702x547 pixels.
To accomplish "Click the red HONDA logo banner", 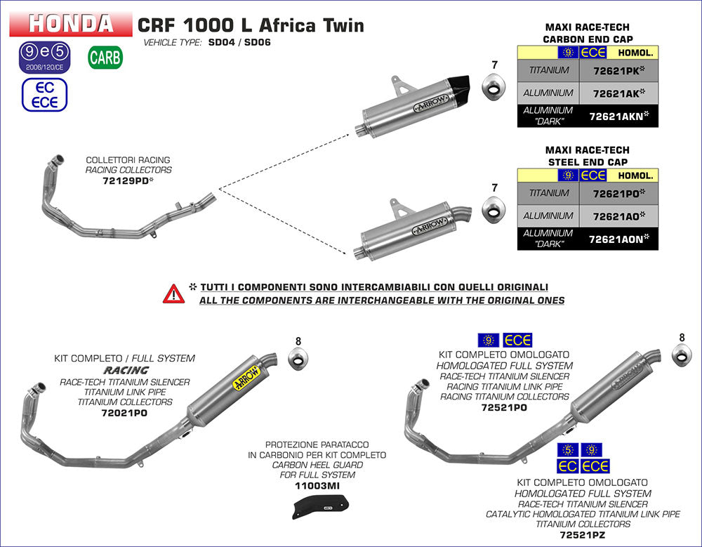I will click(x=70, y=25).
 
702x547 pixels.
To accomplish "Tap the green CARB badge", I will click(x=105, y=58).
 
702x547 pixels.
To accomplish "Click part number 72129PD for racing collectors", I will click(x=128, y=180).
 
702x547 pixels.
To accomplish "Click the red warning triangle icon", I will click(x=173, y=294).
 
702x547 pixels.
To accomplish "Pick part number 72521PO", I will click(x=505, y=407).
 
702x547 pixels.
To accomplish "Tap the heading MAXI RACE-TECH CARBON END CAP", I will click(x=588, y=34).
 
